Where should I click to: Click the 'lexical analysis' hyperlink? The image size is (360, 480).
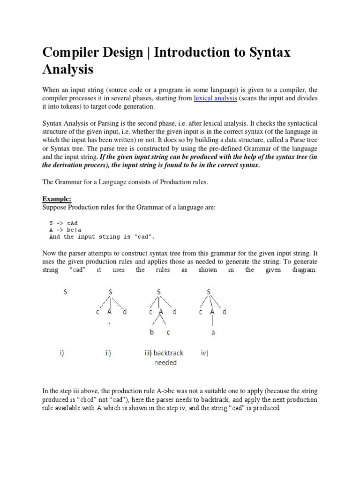click(216, 98)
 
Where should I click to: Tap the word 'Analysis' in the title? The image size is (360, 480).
click(67, 69)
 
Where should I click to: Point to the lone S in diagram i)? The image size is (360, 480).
click(65, 292)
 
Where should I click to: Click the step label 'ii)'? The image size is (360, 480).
click(108, 353)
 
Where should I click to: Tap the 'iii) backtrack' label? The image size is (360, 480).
click(164, 353)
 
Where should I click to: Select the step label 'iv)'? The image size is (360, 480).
click(204, 353)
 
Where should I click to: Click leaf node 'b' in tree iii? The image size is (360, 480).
click(151, 332)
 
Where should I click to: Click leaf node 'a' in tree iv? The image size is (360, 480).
click(213, 332)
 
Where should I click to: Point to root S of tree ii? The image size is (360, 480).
click(111, 292)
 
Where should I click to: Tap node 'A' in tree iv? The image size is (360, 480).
click(212, 312)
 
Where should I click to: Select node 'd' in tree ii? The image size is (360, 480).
click(124, 312)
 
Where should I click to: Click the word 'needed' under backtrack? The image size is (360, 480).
click(165, 363)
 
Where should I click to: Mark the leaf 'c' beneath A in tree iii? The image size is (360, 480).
click(168, 332)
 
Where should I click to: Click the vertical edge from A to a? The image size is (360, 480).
click(213, 322)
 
